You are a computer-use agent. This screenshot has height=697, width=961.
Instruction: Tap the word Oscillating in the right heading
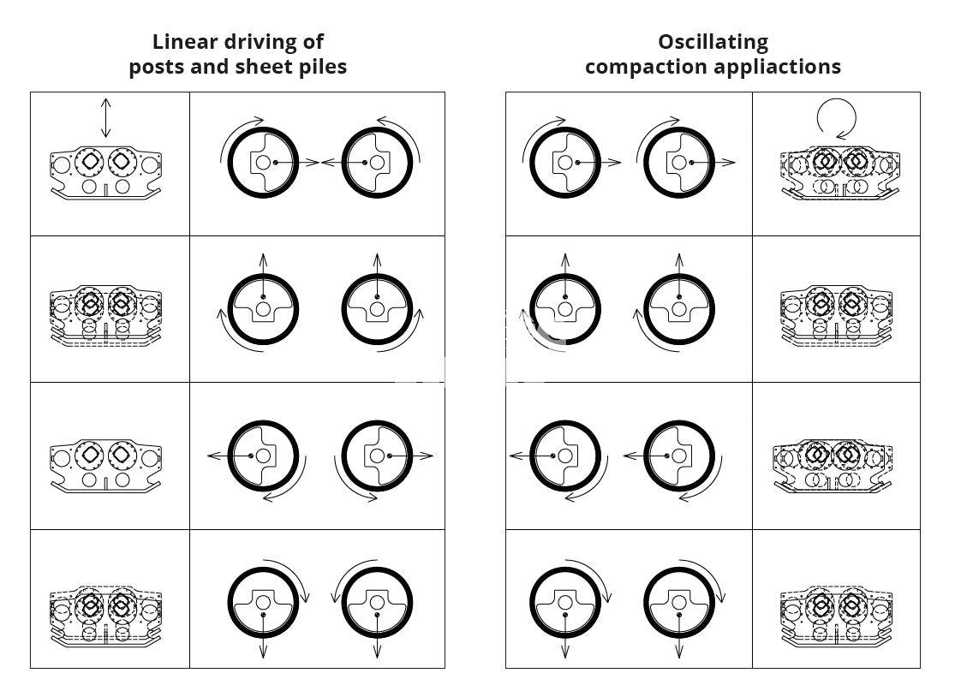tap(713, 42)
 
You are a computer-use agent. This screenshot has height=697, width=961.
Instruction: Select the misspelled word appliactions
tap(778, 67)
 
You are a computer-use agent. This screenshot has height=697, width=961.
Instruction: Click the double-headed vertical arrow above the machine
tap(105, 118)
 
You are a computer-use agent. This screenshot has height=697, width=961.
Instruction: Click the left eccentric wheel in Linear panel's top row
tap(263, 162)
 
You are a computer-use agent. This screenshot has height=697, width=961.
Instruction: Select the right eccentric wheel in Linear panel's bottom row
tap(377, 602)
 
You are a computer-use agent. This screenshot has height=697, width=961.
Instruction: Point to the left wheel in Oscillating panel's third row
tap(564, 456)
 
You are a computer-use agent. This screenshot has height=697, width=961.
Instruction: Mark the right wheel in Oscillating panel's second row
tap(678, 308)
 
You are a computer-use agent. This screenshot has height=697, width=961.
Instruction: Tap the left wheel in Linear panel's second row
tap(263, 308)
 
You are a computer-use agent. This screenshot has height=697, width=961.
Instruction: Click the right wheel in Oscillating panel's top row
tap(678, 162)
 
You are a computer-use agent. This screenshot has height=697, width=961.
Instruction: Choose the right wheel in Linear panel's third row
tap(377, 456)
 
